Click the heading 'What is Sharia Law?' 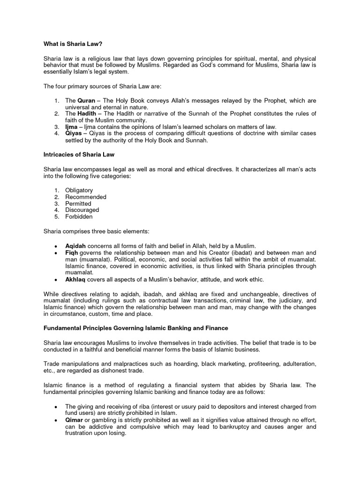(x=73, y=43)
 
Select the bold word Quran (x=86, y=101)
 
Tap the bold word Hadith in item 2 (x=87, y=114)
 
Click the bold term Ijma (x=71, y=127)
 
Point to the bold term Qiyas (x=74, y=134)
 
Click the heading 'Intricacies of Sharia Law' (x=79, y=154)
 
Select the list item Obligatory (x=79, y=190)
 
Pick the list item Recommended (x=85, y=197)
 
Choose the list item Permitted (x=78, y=204)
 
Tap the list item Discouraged (x=82, y=210)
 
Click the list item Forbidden (x=79, y=217)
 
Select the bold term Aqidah (x=75, y=246)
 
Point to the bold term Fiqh (x=71, y=252)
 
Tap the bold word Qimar (x=74, y=420)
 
